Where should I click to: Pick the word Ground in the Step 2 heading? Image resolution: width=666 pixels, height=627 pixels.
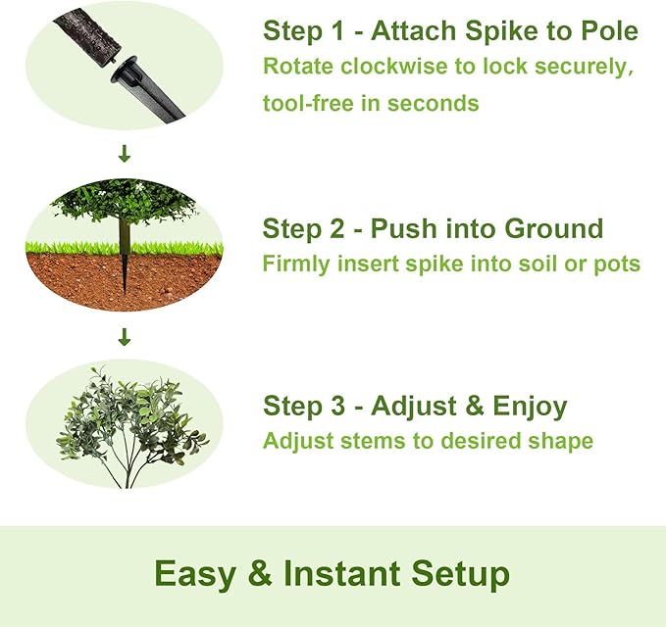(x=554, y=228)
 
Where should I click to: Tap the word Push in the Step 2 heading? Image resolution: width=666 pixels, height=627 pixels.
(x=403, y=228)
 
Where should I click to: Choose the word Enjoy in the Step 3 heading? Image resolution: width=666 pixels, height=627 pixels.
(x=530, y=406)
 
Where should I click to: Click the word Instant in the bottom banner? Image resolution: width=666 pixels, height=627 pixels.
(x=342, y=573)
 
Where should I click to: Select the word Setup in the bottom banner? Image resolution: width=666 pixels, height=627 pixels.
(x=460, y=574)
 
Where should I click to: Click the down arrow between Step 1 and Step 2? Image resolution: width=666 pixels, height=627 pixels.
(x=125, y=154)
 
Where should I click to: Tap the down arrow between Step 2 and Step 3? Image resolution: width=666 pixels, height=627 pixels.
(x=125, y=336)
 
